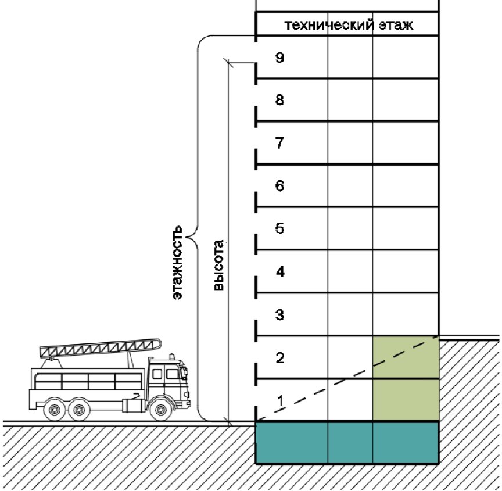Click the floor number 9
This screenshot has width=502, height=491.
[x=279, y=58]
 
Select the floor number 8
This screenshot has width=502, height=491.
[x=279, y=100]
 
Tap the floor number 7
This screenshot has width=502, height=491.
[x=279, y=143]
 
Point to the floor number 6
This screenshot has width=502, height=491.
[x=279, y=186]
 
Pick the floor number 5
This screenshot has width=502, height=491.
[x=279, y=228]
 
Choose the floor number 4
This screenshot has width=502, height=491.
[x=279, y=271]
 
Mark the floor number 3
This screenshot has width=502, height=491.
[x=279, y=315]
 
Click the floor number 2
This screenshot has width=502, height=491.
[x=279, y=357]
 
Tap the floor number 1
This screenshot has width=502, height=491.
[x=279, y=400]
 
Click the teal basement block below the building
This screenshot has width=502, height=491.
[x=347, y=443]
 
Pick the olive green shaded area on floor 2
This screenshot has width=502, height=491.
[x=405, y=357]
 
